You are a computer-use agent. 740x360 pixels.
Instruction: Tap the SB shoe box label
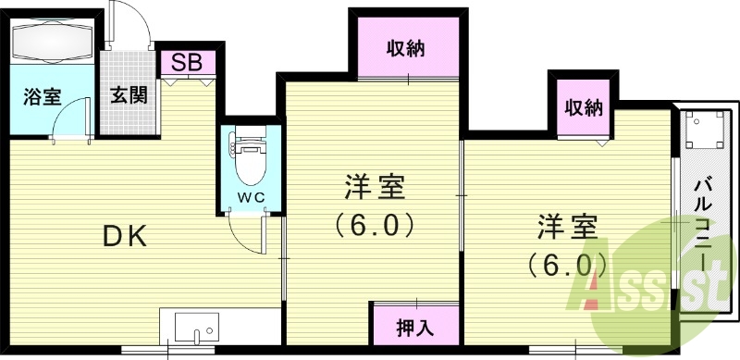188,63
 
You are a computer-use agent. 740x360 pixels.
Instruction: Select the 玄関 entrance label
129,94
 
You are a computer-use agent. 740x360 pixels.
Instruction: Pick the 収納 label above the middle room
405,49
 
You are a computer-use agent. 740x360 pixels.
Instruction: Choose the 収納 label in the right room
585,108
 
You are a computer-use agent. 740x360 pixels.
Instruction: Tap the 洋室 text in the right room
568,227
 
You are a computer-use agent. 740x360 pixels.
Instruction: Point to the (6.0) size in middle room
374,225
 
